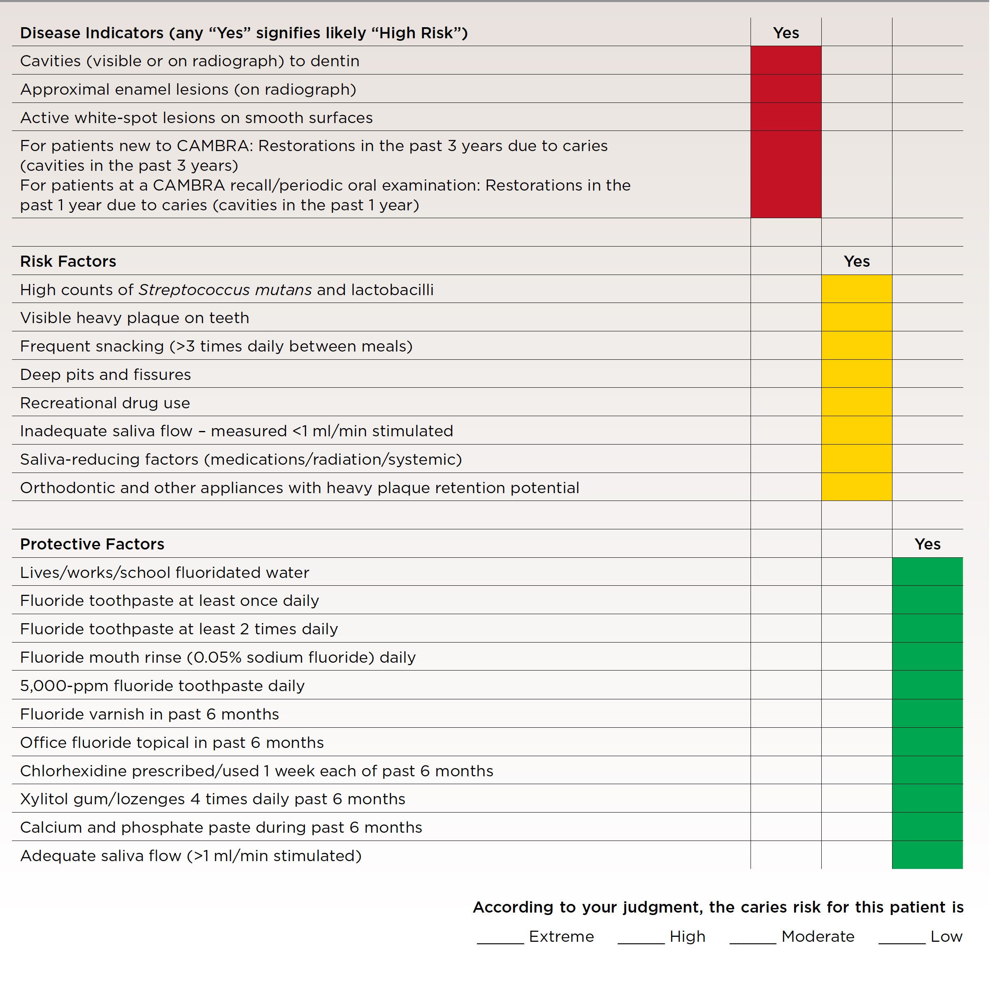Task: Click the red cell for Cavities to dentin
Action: (785, 61)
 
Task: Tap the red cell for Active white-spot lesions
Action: (785, 117)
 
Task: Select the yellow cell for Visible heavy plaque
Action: (856, 317)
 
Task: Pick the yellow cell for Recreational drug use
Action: (856, 402)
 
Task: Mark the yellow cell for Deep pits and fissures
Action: (856, 374)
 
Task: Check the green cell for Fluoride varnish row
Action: (927, 713)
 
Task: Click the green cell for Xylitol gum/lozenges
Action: (927, 798)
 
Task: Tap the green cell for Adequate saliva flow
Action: (927, 855)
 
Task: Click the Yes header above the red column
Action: (785, 33)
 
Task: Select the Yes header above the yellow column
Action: (856, 261)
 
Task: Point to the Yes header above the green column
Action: (927, 544)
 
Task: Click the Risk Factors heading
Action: (68, 261)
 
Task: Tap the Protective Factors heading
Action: (92, 544)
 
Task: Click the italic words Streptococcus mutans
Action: (225, 290)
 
